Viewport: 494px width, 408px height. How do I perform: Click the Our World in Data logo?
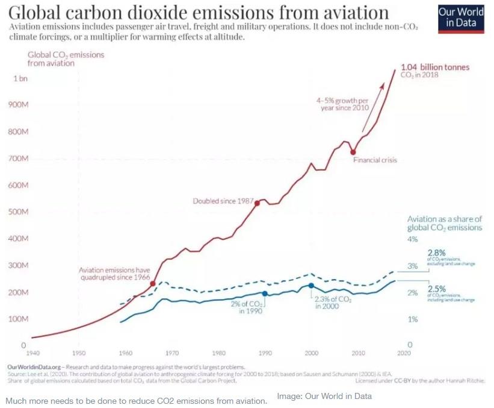tap(460, 17)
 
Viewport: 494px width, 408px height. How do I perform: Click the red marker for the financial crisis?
tap(353, 152)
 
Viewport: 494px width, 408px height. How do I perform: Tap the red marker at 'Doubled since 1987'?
tap(257, 203)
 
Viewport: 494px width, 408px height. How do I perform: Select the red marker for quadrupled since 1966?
tap(153, 283)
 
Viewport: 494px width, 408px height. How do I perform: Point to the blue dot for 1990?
tap(265, 293)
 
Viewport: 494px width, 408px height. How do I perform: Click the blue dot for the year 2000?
tap(311, 286)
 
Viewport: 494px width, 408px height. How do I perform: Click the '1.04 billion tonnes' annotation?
tap(435, 67)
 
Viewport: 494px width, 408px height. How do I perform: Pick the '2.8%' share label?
tap(436, 253)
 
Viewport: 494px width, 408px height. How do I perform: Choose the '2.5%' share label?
tap(436, 289)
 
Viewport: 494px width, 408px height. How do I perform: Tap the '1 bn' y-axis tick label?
tap(21, 79)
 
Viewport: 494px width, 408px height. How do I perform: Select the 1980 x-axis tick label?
tap(218, 354)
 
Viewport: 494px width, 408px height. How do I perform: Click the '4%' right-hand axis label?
tap(413, 239)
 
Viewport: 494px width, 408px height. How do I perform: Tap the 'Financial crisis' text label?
tap(375, 160)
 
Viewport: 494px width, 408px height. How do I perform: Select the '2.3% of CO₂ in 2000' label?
tap(333, 303)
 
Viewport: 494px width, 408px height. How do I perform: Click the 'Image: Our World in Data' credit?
tap(324, 396)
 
